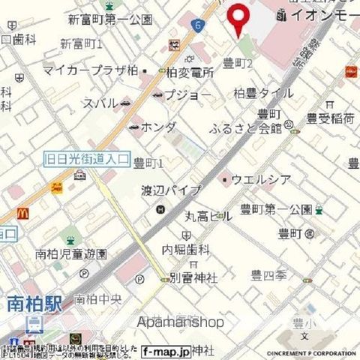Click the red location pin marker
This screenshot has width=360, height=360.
[239, 18]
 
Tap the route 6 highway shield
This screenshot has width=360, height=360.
[196, 25]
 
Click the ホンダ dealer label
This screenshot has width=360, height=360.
[158, 127]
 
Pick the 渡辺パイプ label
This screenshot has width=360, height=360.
[172, 190]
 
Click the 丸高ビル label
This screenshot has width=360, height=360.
[208, 217]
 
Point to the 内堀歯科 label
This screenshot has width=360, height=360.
[185, 248]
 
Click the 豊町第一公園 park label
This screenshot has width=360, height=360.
[274, 208]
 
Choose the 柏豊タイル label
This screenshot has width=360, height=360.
[263, 94]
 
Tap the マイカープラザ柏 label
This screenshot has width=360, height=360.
[90, 70]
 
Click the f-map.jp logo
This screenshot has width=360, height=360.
[166, 349]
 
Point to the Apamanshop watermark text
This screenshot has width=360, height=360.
[181, 322]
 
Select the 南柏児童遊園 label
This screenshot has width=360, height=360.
[71, 253]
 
